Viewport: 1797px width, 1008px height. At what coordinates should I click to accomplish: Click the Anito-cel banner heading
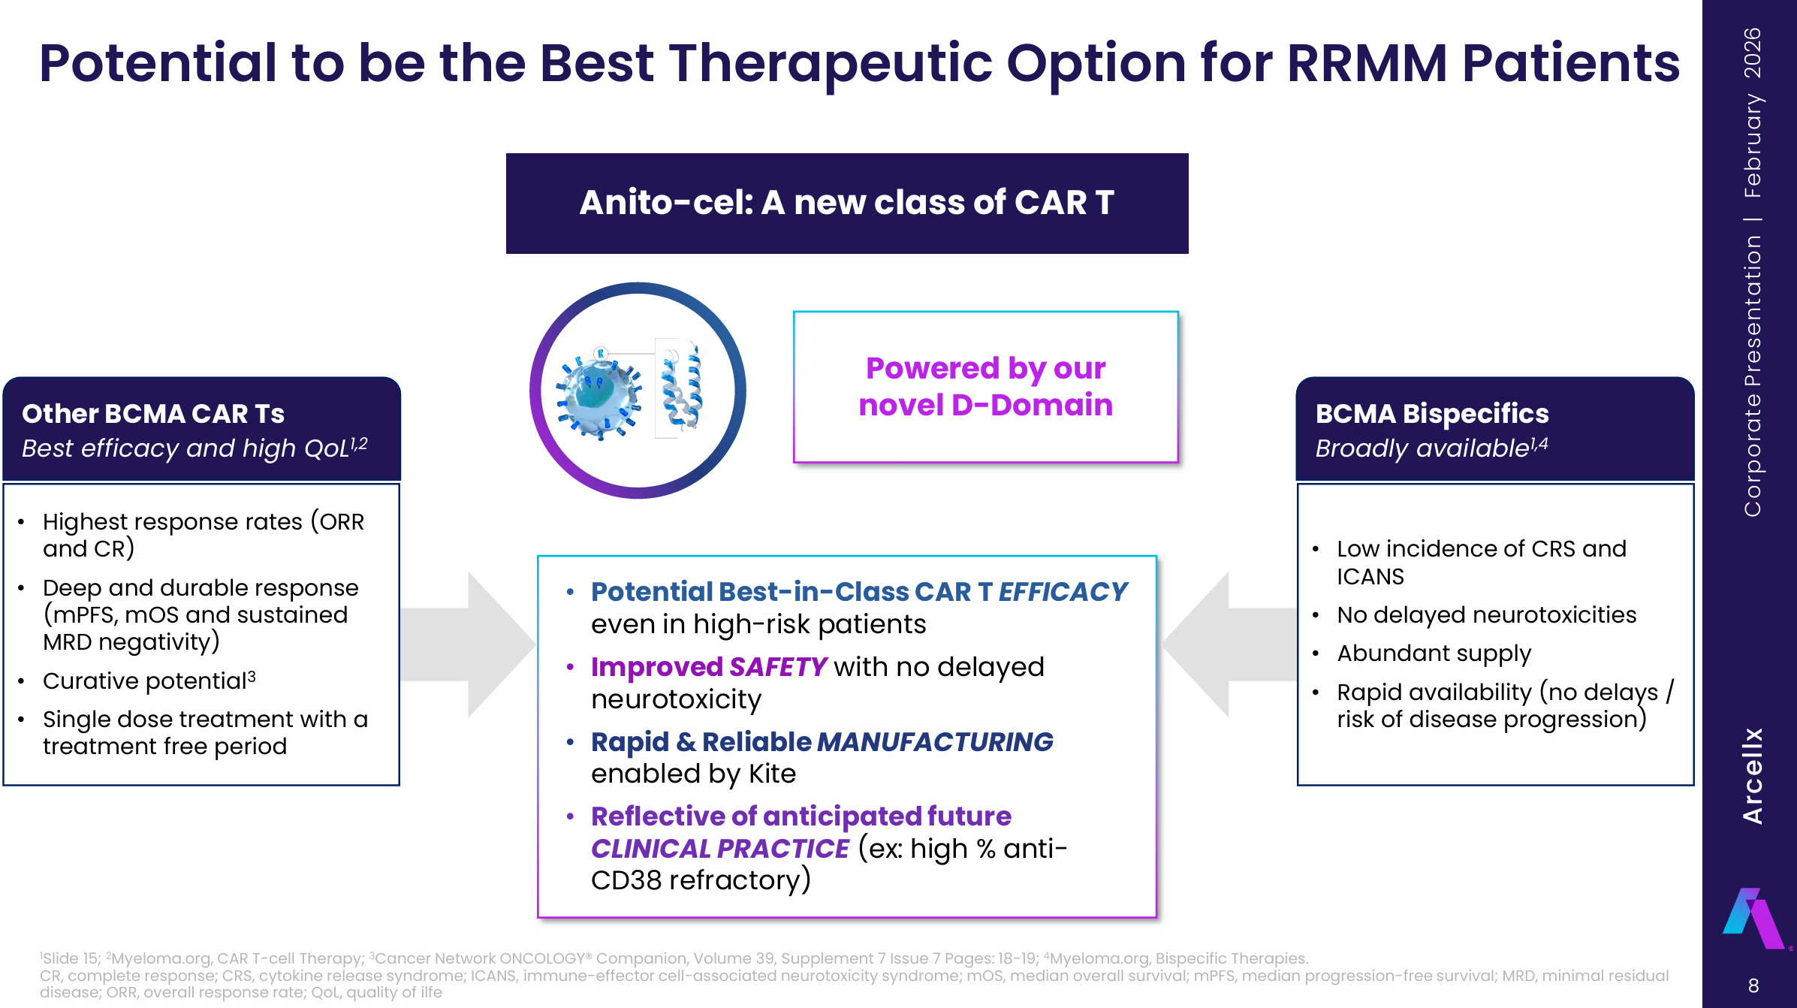846,203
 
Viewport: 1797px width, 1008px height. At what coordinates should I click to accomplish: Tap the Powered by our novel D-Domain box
985,387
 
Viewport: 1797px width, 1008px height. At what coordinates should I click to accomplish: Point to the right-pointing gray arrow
473,644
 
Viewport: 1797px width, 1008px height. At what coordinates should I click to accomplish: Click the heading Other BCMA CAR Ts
153,414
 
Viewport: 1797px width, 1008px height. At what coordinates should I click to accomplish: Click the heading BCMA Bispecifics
1431,414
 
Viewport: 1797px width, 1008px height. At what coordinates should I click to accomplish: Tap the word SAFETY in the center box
777,667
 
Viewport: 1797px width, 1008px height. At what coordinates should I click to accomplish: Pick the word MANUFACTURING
934,742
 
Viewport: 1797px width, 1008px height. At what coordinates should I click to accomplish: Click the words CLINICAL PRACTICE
719,849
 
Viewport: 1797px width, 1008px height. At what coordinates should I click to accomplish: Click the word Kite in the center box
772,774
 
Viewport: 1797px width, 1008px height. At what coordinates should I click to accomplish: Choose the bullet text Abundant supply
1433,653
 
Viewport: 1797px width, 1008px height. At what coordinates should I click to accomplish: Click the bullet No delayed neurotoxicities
1485,615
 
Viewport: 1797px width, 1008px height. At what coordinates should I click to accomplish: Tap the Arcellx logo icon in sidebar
1752,919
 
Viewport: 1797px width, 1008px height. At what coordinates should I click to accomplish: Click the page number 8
1753,985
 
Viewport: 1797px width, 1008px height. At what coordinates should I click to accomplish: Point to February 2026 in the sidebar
1752,113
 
